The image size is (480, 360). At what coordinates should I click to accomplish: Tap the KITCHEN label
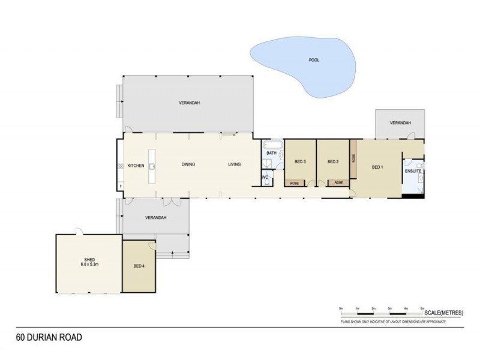pos(136,165)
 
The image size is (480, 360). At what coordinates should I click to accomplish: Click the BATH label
pos(271,153)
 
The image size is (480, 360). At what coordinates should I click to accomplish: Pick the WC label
pos(265,177)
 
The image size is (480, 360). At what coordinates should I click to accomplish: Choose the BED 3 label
pos(300,162)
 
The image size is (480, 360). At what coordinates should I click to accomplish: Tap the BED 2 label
pos(334,162)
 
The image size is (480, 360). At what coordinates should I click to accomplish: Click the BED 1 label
pos(377,167)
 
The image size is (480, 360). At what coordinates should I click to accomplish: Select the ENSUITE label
pos(413,172)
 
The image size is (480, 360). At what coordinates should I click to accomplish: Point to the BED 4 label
pos(139,266)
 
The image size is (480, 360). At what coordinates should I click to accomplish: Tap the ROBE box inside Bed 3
pos(295,182)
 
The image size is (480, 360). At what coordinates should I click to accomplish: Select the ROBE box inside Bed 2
pos(338,182)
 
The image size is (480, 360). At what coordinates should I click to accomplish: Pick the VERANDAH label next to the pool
pos(400,122)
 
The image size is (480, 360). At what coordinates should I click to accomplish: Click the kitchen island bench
pos(153,166)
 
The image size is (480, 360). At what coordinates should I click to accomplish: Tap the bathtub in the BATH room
pos(271,145)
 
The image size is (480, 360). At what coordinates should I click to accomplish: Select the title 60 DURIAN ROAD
pos(49,338)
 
